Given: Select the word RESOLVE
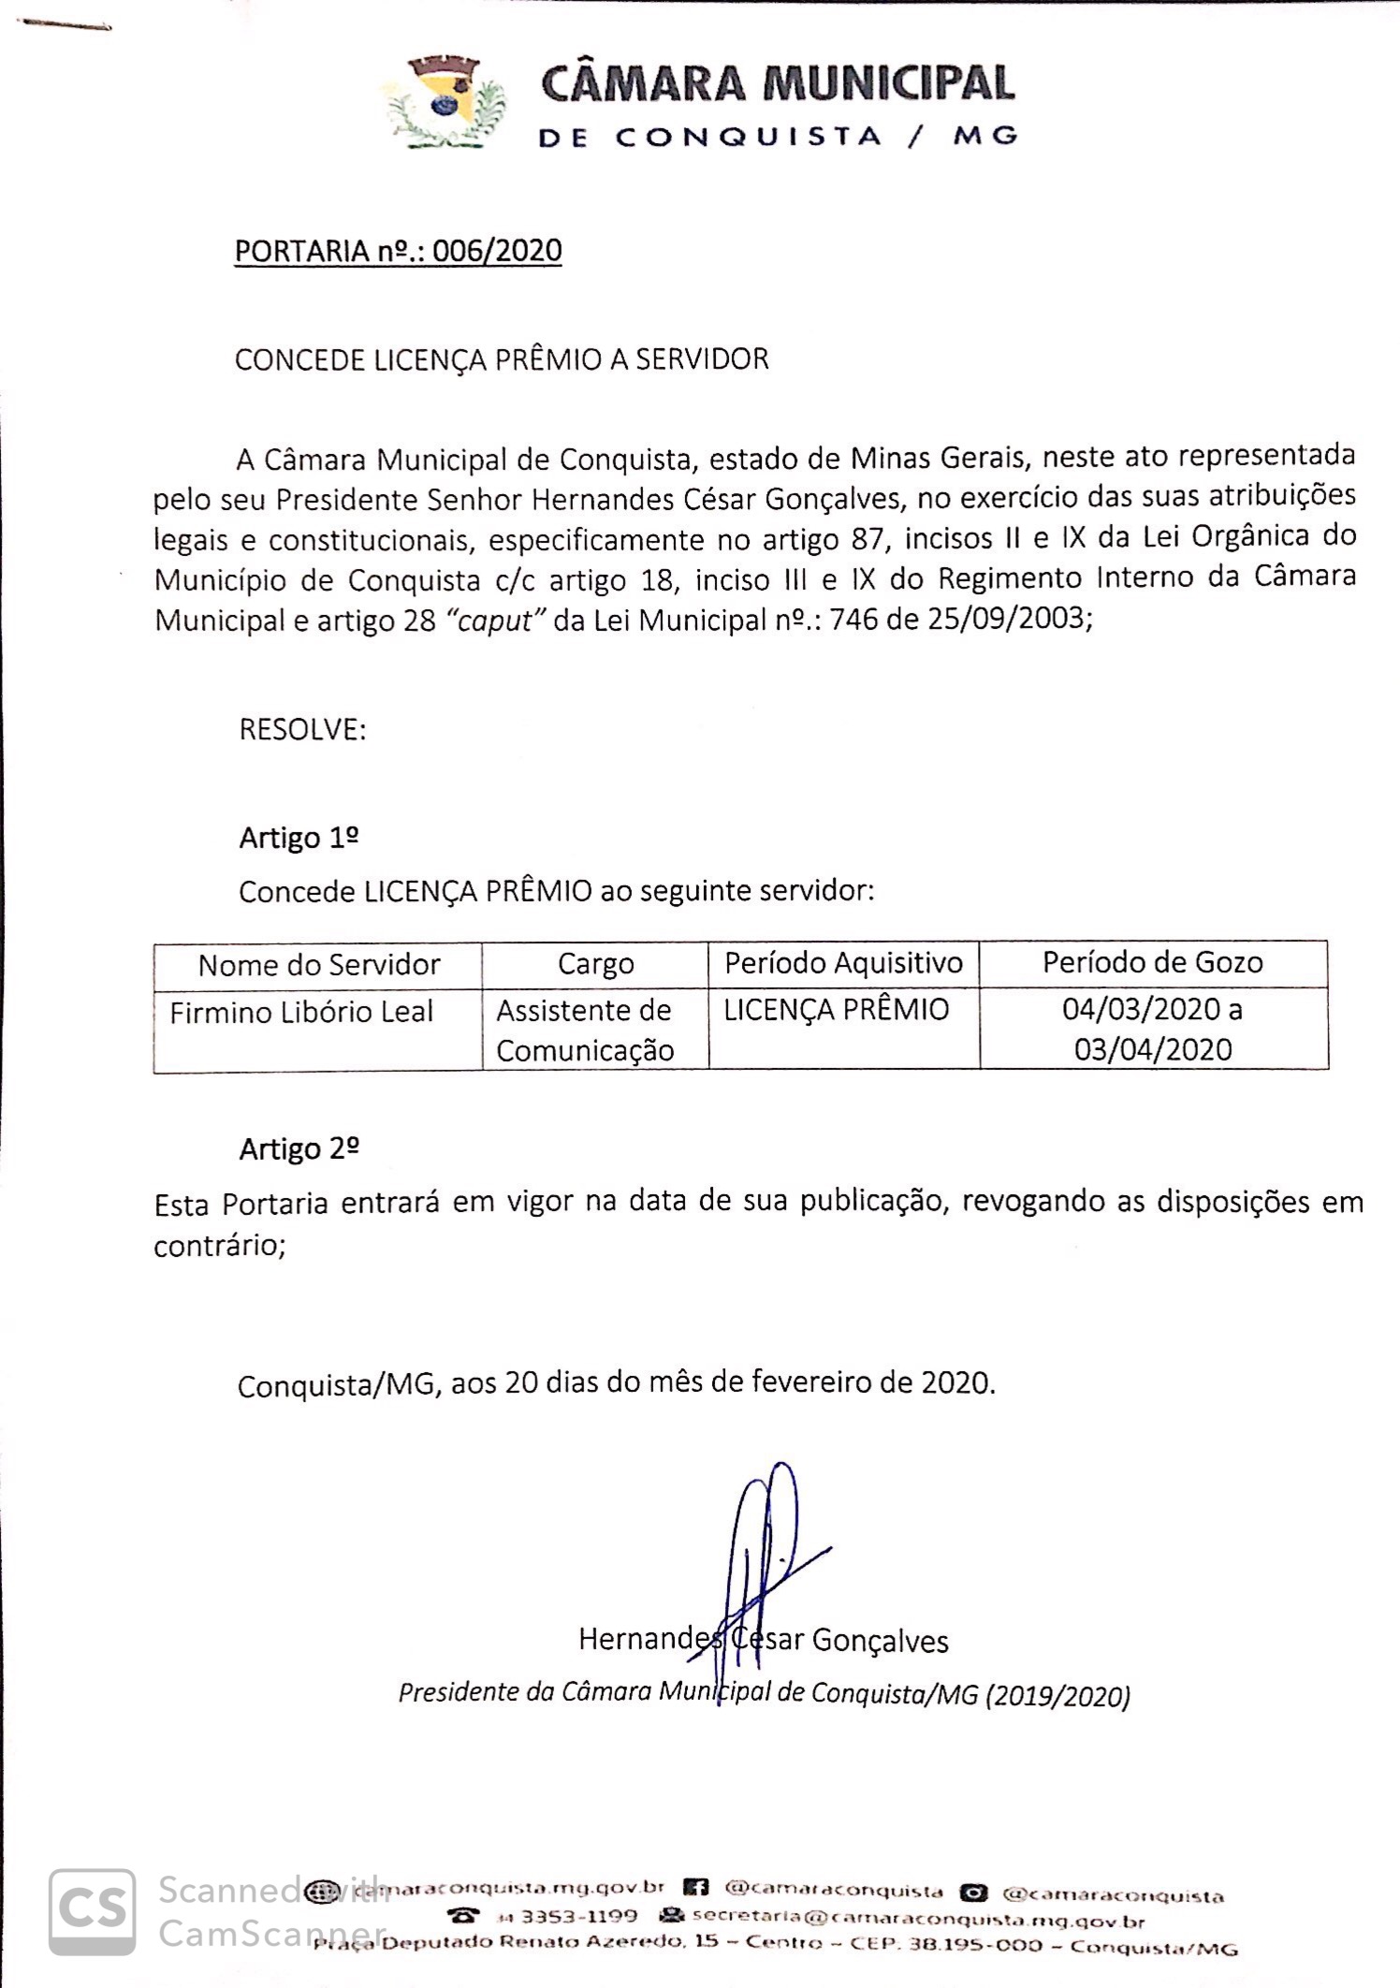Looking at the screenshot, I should tap(301, 729).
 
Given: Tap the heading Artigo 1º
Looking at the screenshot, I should tap(299, 837).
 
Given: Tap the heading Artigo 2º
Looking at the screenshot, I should tap(299, 1148).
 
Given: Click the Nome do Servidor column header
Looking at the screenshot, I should tap(318, 965).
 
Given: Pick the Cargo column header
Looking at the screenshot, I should tap(595, 964).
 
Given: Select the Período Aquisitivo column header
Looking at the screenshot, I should tap(843, 963).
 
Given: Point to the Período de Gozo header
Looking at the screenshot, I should tap(1152, 962).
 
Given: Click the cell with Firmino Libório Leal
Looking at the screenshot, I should tap(300, 1012).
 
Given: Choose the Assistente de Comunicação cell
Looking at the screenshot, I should tap(584, 1031).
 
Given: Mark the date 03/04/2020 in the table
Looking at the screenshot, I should tap(1152, 1049).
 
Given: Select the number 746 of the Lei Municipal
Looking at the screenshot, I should tap(855, 619).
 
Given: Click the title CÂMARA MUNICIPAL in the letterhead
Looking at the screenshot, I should tap(778, 84).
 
